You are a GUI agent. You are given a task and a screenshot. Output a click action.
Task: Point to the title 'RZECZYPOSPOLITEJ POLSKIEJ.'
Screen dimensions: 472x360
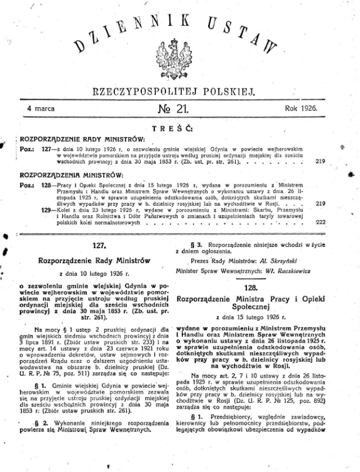coord(180,91)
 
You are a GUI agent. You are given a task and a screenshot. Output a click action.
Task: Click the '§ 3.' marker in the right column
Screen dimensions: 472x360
coord(197,243)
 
